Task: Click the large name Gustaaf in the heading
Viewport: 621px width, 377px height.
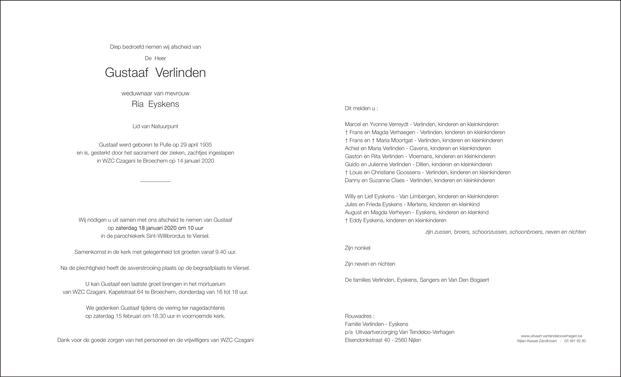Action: (x=126, y=73)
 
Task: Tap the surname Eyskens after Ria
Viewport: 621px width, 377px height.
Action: (x=163, y=104)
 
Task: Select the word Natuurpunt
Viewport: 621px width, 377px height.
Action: (x=165, y=126)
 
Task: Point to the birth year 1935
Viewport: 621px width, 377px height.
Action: (x=205, y=145)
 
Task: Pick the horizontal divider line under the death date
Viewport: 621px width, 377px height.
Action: (x=155, y=182)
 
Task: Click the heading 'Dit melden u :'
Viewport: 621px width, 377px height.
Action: (x=361, y=108)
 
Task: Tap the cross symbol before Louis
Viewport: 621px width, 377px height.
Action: (x=346, y=172)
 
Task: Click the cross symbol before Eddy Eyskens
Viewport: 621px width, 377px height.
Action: (x=346, y=220)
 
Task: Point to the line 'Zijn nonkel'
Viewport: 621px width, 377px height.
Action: (x=357, y=248)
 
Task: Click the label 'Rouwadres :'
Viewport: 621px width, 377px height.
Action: (x=359, y=316)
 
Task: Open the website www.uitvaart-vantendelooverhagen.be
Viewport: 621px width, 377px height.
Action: (x=551, y=336)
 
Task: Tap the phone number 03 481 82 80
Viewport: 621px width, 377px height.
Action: (x=575, y=341)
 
